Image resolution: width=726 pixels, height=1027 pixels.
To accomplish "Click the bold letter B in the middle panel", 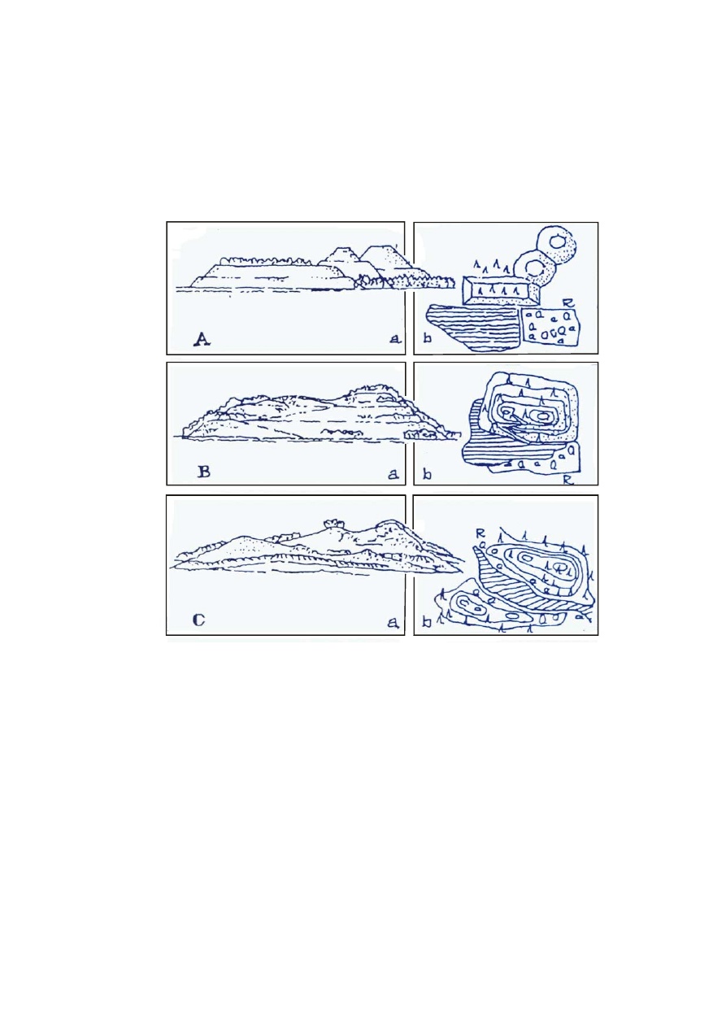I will (x=203, y=471).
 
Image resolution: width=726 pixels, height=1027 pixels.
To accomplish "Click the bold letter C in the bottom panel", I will (x=198, y=620).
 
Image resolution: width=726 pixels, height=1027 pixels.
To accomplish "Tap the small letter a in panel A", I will (x=394, y=342).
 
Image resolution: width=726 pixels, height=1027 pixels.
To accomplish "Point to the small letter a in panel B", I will (x=393, y=472).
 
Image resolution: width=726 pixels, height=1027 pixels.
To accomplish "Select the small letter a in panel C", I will (x=393, y=623).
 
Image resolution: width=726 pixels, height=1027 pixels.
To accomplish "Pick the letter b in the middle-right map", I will (x=427, y=472).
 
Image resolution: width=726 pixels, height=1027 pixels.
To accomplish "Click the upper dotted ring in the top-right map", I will (x=557, y=242).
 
